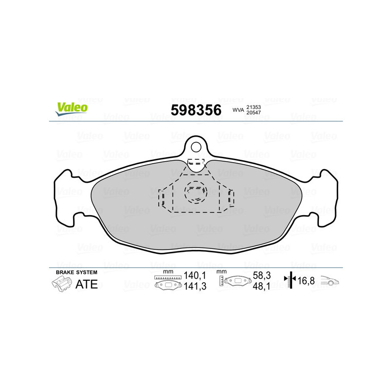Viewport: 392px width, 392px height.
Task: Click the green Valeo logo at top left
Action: (x=72, y=108)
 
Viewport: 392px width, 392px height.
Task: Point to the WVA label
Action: (x=238, y=111)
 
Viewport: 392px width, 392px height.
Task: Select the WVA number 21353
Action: (x=253, y=107)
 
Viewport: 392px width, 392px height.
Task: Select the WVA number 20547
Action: (x=253, y=114)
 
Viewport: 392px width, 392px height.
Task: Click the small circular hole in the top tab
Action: (x=196, y=147)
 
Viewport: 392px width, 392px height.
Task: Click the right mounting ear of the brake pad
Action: (x=327, y=196)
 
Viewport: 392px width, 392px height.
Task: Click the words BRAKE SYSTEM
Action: (x=76, y=272)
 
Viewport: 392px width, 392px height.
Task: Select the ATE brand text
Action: (x=87, y=284)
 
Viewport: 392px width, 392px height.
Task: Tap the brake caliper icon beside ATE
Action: (x=61, y=284)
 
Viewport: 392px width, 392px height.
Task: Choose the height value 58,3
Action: (x=260, y=276)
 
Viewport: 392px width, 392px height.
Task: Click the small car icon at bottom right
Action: (x=330, y=281)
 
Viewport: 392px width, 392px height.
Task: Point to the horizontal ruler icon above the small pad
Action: (x=168, y=277)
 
